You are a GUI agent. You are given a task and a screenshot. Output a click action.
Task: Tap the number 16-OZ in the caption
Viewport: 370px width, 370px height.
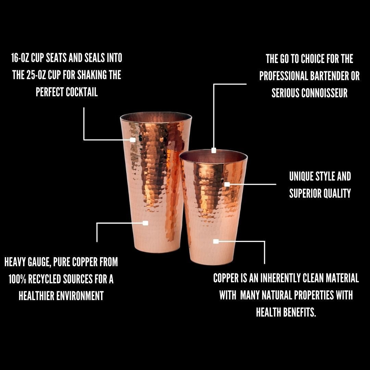[x=20, y=58]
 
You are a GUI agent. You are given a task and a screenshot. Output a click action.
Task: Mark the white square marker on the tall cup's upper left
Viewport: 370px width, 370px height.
[x=133, y=140]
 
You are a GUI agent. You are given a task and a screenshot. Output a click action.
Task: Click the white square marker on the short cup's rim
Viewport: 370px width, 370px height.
[x=214, y=150]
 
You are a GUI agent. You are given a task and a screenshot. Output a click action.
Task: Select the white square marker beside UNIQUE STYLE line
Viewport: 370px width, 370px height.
[x=227, y=184]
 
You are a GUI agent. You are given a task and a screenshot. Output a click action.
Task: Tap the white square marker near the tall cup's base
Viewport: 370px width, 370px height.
[x=145, y=223]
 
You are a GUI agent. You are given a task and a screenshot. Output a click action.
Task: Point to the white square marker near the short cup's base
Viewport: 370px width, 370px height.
[x=216, y=241]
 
